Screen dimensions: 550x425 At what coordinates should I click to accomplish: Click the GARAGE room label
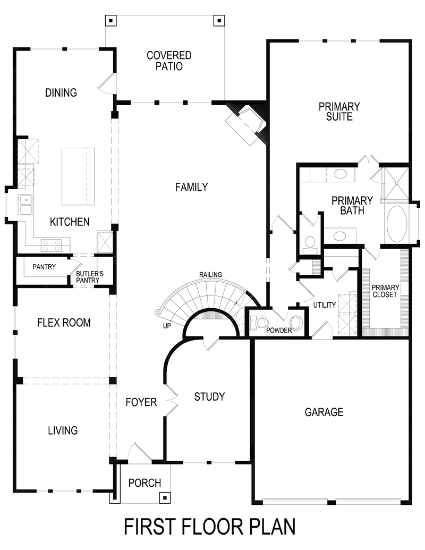click(324, 412)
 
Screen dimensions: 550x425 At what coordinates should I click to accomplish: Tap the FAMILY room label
click(191, 187)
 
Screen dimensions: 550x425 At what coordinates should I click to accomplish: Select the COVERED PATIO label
click(169, 61)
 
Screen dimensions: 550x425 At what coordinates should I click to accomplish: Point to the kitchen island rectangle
click(78, 176)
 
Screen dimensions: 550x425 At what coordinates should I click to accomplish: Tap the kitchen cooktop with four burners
click(51, 245)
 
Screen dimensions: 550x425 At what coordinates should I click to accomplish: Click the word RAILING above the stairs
click(211, 275)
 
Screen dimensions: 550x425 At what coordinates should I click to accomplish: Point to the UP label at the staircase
click(167, 326)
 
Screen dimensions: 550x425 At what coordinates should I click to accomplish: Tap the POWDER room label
click(279, 330)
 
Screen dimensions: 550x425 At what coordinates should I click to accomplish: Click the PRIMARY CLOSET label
click(385, 291)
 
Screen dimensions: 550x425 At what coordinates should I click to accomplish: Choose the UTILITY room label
click(325, 305)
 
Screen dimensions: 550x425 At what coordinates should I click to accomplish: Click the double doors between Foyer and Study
click(171, 399)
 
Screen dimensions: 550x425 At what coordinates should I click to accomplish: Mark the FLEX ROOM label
click(64, 323)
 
